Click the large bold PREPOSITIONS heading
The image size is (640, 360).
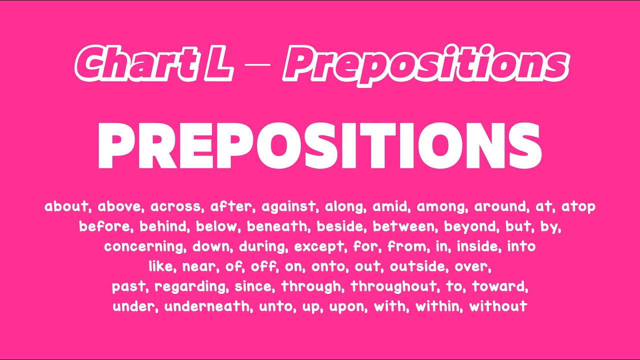tap(320, 145)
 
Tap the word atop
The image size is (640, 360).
tap(578, 206)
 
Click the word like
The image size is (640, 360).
tap(160, 266)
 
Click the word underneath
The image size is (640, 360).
tap(207, 306)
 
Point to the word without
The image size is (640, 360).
tap(498, 306)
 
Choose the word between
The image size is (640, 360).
tap(404, 226)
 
